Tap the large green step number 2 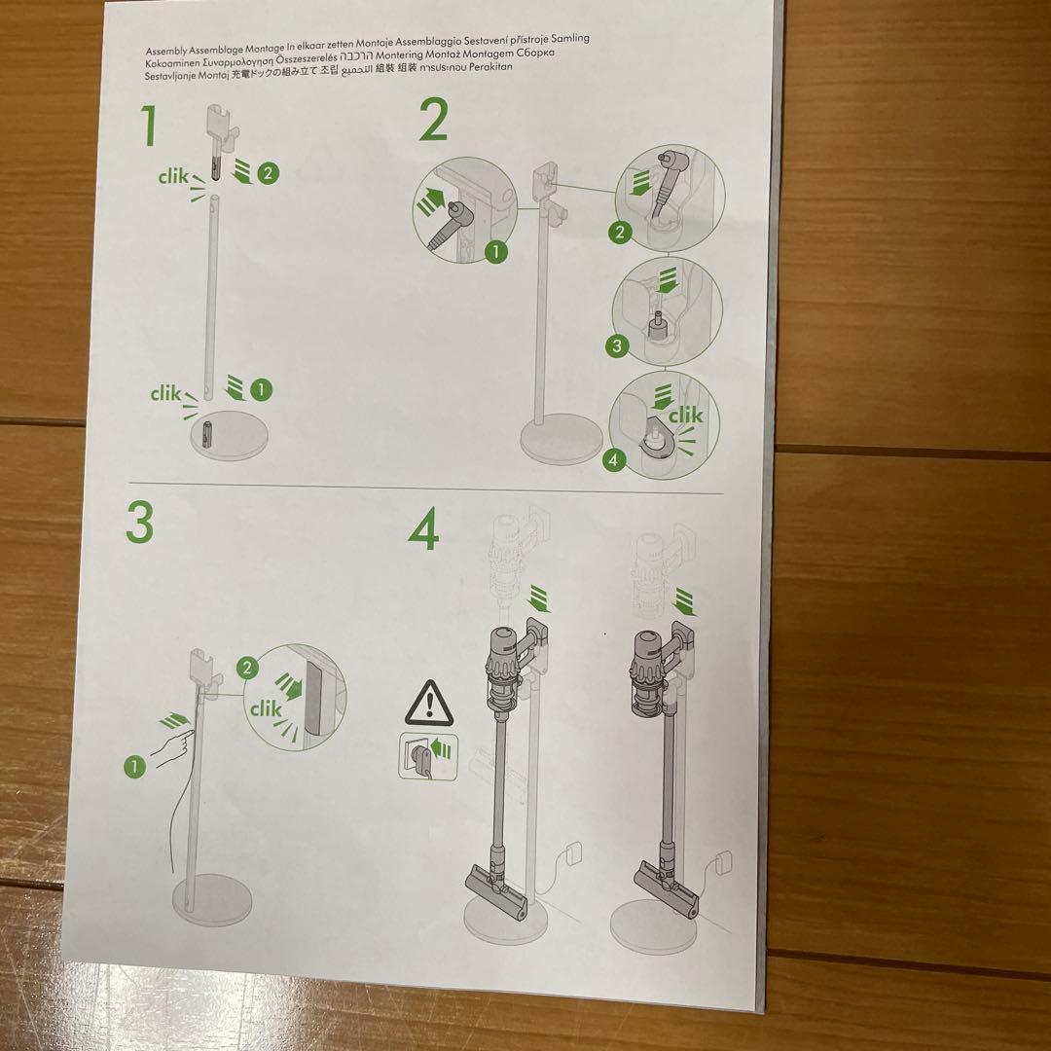(x=433, y=122)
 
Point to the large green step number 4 (x=424, y=530)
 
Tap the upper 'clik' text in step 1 (x=175, y=177)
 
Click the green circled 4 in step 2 (x=613, y=460)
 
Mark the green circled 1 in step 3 (x=134, y=766)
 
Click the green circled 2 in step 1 (x=269, y=174)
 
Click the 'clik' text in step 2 (x=685, y=416)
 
